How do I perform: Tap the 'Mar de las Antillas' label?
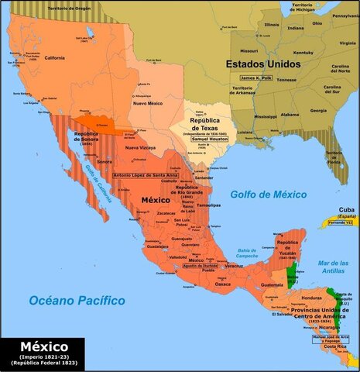[333, 267]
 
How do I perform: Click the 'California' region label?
[54, 58]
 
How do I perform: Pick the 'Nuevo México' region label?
[148, 103]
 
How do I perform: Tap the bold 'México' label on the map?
[155, 200]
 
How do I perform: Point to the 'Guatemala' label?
[273, 284]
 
